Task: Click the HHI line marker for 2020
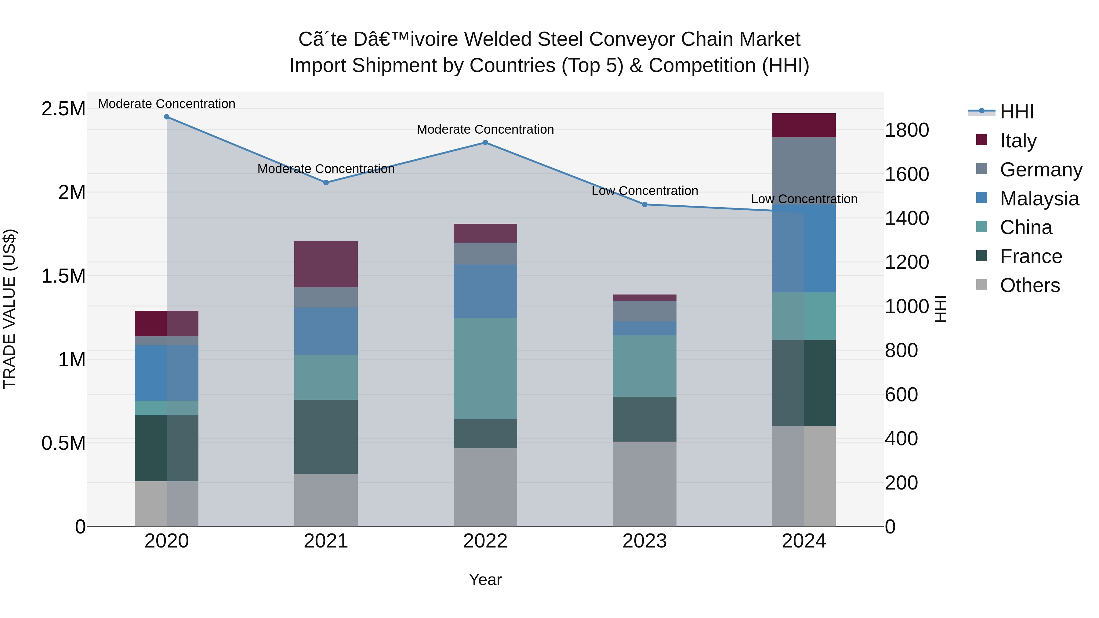click(167, 117)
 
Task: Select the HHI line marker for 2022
click(485, 143)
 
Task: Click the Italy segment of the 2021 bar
click(326, 264)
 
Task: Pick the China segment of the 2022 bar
click(485, 368)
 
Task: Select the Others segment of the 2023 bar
click(645, 484)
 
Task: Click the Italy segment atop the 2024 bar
click(804, 125)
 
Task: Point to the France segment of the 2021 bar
click(326, 437)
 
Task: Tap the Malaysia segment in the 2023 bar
click(645, 328)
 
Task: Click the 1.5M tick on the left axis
click(63, 276)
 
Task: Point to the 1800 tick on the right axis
click(907, 130)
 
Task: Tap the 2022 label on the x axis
click(485, 541)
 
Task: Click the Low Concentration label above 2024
click(804, 199)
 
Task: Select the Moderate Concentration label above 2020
click(167, 104)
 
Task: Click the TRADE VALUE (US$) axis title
click(9, 309)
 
